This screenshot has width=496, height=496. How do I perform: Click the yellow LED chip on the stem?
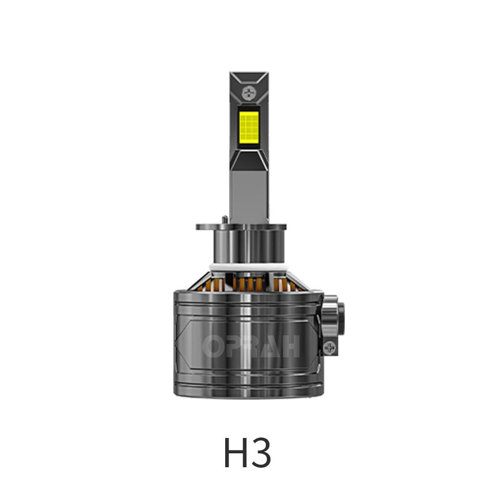(x=249, y=125)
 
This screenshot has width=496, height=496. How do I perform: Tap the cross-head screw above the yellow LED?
(x=248, y=92)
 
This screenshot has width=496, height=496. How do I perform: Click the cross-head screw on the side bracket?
(x=329, y=347)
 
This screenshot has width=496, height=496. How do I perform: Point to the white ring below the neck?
(x=249, y=267)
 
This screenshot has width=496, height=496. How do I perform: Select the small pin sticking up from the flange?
(x=225, y=219)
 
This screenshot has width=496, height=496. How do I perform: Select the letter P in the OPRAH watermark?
(x=232, y=346)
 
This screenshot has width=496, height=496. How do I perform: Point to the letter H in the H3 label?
(x=234, y=453)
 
